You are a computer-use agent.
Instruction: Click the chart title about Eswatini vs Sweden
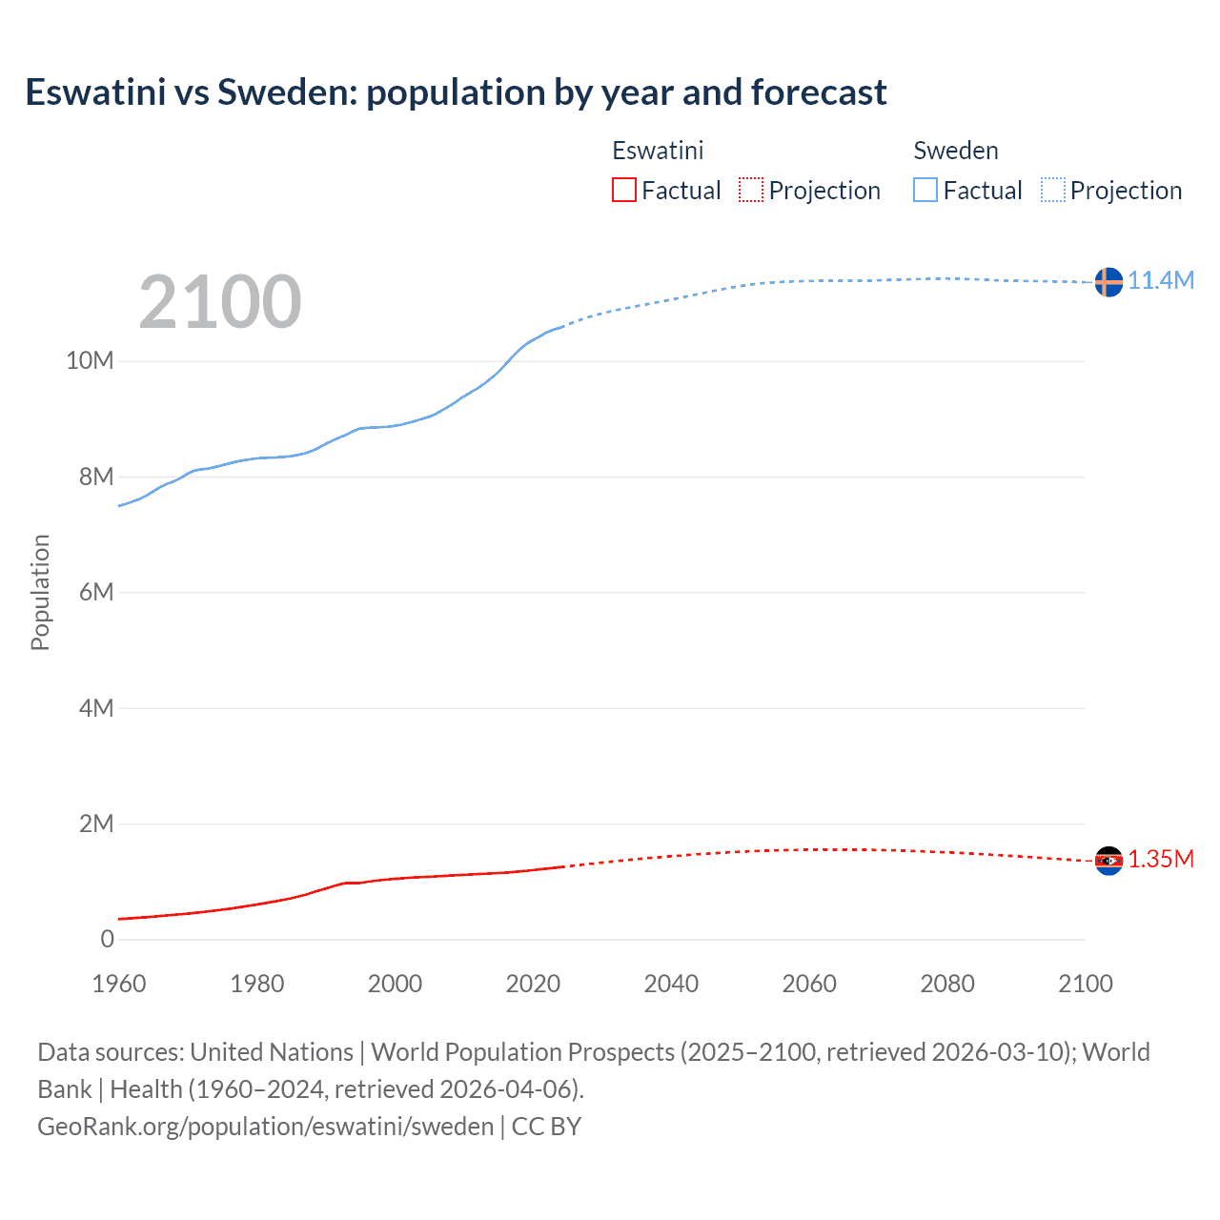(456, 92)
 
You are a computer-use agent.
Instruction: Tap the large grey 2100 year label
(220, 302)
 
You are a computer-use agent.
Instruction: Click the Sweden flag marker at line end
(1108, 282)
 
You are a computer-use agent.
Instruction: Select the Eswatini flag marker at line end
(1108, 861)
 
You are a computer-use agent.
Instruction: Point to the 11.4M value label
(1161, 280)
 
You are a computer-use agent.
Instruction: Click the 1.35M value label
(1161, 859)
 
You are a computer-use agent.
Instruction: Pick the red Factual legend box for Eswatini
(624, 191)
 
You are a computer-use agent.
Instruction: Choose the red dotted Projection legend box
(751, 191)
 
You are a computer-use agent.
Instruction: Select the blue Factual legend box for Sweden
(925, 191)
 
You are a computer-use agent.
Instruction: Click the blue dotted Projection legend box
(1052, 191)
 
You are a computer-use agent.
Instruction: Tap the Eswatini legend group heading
(658, 151)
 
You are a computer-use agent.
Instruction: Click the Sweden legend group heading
(956, 151)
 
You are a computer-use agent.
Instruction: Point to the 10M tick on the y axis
(90, 360)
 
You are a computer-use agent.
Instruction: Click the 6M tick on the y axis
(96, 592)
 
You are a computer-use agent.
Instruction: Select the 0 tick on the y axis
(107, 939)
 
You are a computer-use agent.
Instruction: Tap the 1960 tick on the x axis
(119, 984)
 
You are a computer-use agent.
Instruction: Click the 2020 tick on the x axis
(533, 984)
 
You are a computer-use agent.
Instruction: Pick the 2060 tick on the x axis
(809, 984)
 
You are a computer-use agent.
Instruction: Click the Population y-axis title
(40, 592)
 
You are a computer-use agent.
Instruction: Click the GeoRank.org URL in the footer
(265, 1127)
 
